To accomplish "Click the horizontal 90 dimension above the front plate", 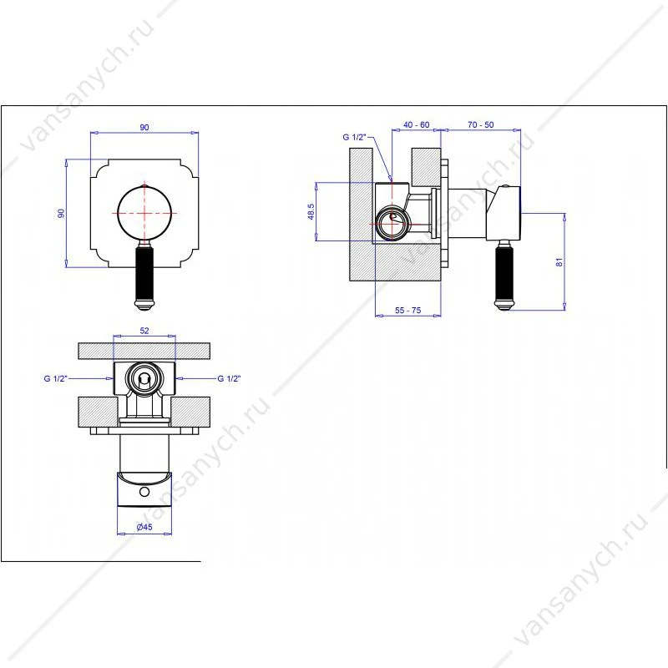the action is [x=144, y=128].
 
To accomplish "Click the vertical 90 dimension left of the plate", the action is [x=61, y=213].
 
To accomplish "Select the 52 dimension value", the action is [x=144, y=331].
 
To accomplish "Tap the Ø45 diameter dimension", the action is [x=144, y=527].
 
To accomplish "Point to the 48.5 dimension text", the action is [x=311, y=212].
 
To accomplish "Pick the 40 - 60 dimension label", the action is [x=416, y=124].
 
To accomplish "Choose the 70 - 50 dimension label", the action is [x=481, y=124].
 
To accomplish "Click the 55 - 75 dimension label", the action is [x=407, y=310].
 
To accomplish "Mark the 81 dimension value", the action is [x=559, y=262].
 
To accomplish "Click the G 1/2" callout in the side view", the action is [x=354, y=137].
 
